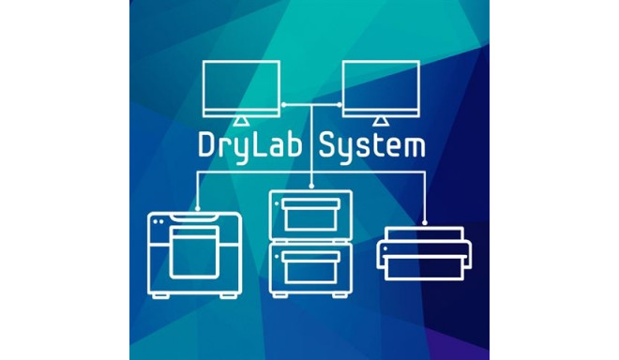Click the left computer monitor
[241, 88]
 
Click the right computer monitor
[380, 88]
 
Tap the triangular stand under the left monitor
[241, 123]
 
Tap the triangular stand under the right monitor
[380, 123]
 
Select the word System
[373, 147]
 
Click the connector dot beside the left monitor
[282, 104]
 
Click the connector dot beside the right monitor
[339, 104]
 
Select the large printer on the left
[195, 254]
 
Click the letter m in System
[414, 148]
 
